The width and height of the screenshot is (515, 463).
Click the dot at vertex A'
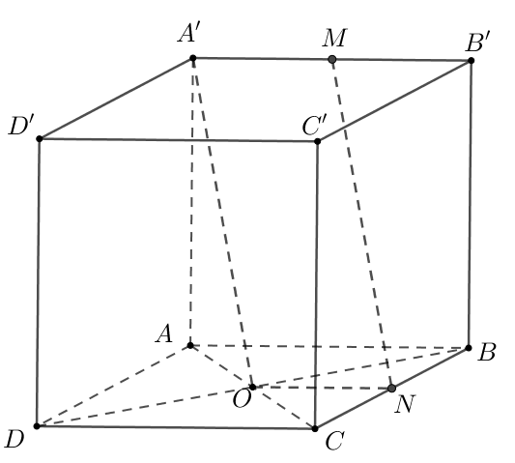pos(193,59)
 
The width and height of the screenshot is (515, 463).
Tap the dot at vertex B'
pos(471,61)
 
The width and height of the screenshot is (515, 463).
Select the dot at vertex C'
pos(317,142)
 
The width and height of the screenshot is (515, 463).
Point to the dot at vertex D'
pos(40,138)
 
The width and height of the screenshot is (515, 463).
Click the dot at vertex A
pos(190,345)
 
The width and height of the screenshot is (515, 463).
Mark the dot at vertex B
pos(469,348)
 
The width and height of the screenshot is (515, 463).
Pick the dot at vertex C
pos(315,428)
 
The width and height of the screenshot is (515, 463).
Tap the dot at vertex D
pos(37,426)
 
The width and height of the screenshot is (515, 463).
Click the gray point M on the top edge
pos(332,60)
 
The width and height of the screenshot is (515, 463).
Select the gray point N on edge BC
pos(391,389)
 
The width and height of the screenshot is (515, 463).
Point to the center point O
pos(252,387)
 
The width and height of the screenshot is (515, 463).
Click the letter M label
pos(334,38)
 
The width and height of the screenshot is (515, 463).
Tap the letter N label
pos(405,404)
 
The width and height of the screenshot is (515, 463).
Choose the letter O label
pos(242,399)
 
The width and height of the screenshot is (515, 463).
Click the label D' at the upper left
pos(21,126)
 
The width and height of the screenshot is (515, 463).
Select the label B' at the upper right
pos(478,43)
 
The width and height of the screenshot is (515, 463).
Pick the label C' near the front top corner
pos(314,126)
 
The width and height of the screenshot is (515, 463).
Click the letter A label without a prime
pos(164,333)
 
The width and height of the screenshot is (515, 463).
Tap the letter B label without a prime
pos(486,353)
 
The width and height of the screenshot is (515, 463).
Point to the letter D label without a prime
pos(14,440)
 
